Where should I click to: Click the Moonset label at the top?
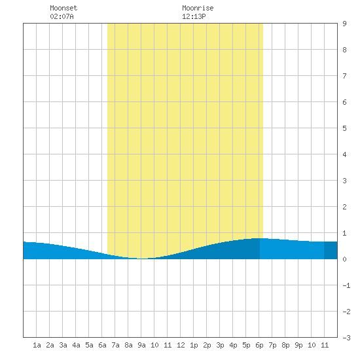[x=63, y=8]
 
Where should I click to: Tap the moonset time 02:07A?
[x=62, y=16]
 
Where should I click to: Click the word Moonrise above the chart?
[x=198, y=8]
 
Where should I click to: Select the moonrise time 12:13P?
[x=194, y=16]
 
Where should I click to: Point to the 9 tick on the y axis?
[x=344, y=24]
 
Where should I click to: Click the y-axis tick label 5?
[x=344, y=128]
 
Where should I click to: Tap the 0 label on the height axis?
[x=344, y=259]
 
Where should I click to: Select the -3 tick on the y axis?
[x=346, y=338]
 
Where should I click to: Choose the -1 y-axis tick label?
[x=346, y=285]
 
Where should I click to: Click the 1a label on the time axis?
[x=37, y=345]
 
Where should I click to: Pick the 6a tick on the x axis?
[x=102, y=345]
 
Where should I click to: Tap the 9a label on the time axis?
[x=141, y=345]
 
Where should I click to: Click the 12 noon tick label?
[x=181, y=345]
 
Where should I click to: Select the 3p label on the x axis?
[x=220, y=345]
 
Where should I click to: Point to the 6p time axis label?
[x=259, y=345]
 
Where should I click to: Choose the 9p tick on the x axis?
[x=298, y=345]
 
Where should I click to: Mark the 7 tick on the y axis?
[x=344, y=76]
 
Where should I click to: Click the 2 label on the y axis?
[x=344, y=207]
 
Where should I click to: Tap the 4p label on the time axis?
[x=233, y=345]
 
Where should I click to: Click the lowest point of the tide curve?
[x=142, y=259]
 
